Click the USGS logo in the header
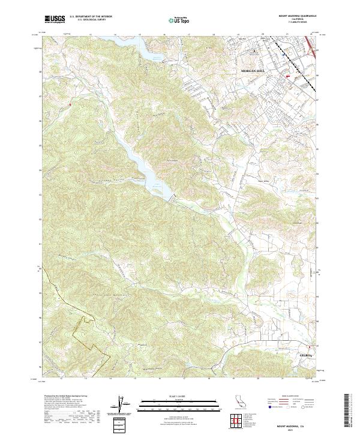55,20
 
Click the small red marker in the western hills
70,104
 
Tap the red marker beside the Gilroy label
310,347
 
